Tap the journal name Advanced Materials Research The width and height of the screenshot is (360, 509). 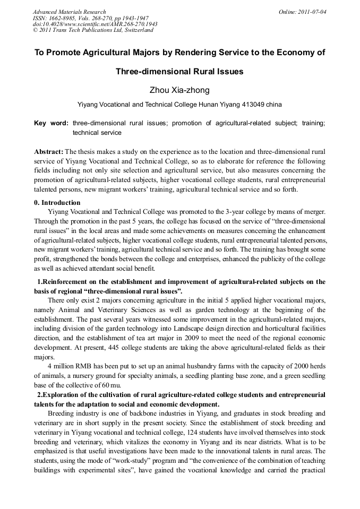click(70, 12)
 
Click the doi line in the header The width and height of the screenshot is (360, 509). click(95, 24)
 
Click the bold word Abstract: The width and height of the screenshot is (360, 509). click(49, 151)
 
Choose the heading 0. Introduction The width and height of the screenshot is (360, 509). click(57, 202)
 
